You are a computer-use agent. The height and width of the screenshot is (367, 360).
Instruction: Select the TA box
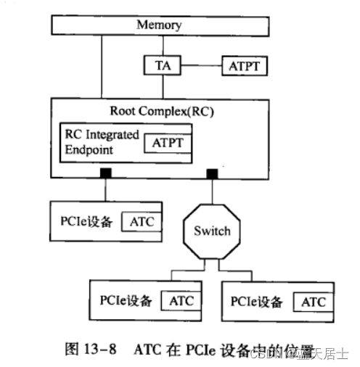coord(162,66)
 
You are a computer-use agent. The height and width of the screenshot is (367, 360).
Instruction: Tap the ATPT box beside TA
coord(244,66)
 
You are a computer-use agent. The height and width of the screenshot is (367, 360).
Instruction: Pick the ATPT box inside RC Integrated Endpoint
coord(168,142)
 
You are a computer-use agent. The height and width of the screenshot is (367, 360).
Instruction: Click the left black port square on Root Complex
coord(106,173)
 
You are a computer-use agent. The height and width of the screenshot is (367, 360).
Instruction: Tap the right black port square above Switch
coord(212,173)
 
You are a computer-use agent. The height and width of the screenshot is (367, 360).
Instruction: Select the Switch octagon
coord(212,231)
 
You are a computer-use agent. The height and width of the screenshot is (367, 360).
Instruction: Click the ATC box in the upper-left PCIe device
coord(141,221)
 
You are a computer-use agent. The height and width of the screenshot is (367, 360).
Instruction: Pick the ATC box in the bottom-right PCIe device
coord(313,301)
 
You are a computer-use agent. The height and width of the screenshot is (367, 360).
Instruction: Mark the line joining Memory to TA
coord(162,45)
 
